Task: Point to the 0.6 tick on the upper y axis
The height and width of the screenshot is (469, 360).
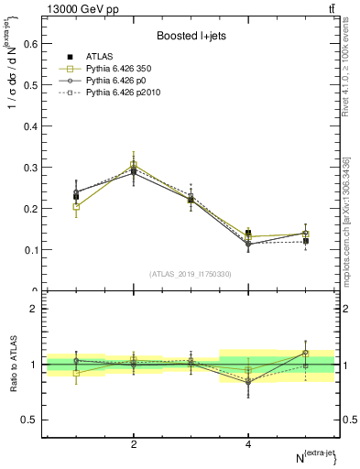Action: coord(29,42)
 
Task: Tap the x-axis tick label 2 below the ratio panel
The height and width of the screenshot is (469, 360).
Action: coord(135,444)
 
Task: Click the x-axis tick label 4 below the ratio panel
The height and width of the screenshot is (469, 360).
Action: coord(249,444)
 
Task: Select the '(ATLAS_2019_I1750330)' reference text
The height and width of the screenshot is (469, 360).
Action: coord(190,274)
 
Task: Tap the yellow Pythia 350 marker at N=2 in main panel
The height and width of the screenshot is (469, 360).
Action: coord(135,166)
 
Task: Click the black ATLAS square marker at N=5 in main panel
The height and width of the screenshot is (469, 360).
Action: coord(306,241)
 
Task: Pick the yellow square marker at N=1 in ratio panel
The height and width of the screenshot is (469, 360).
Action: coord(77,373)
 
